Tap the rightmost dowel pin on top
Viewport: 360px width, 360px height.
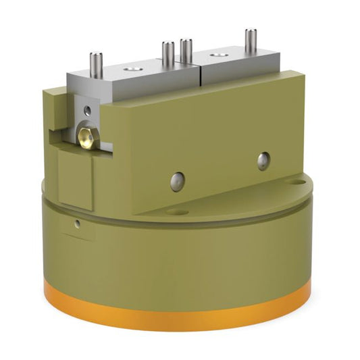pos(251,41)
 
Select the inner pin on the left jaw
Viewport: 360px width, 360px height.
pos(168,53)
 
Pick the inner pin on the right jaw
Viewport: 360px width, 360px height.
pos(186,51)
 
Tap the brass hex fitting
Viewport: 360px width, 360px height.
pos(86,137)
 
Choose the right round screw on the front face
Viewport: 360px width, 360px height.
pos(263,159)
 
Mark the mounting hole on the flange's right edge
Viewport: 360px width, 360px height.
pos(294,181)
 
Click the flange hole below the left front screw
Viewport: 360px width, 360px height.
pos(176,211)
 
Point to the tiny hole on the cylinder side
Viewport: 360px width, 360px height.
pos(78,223)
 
